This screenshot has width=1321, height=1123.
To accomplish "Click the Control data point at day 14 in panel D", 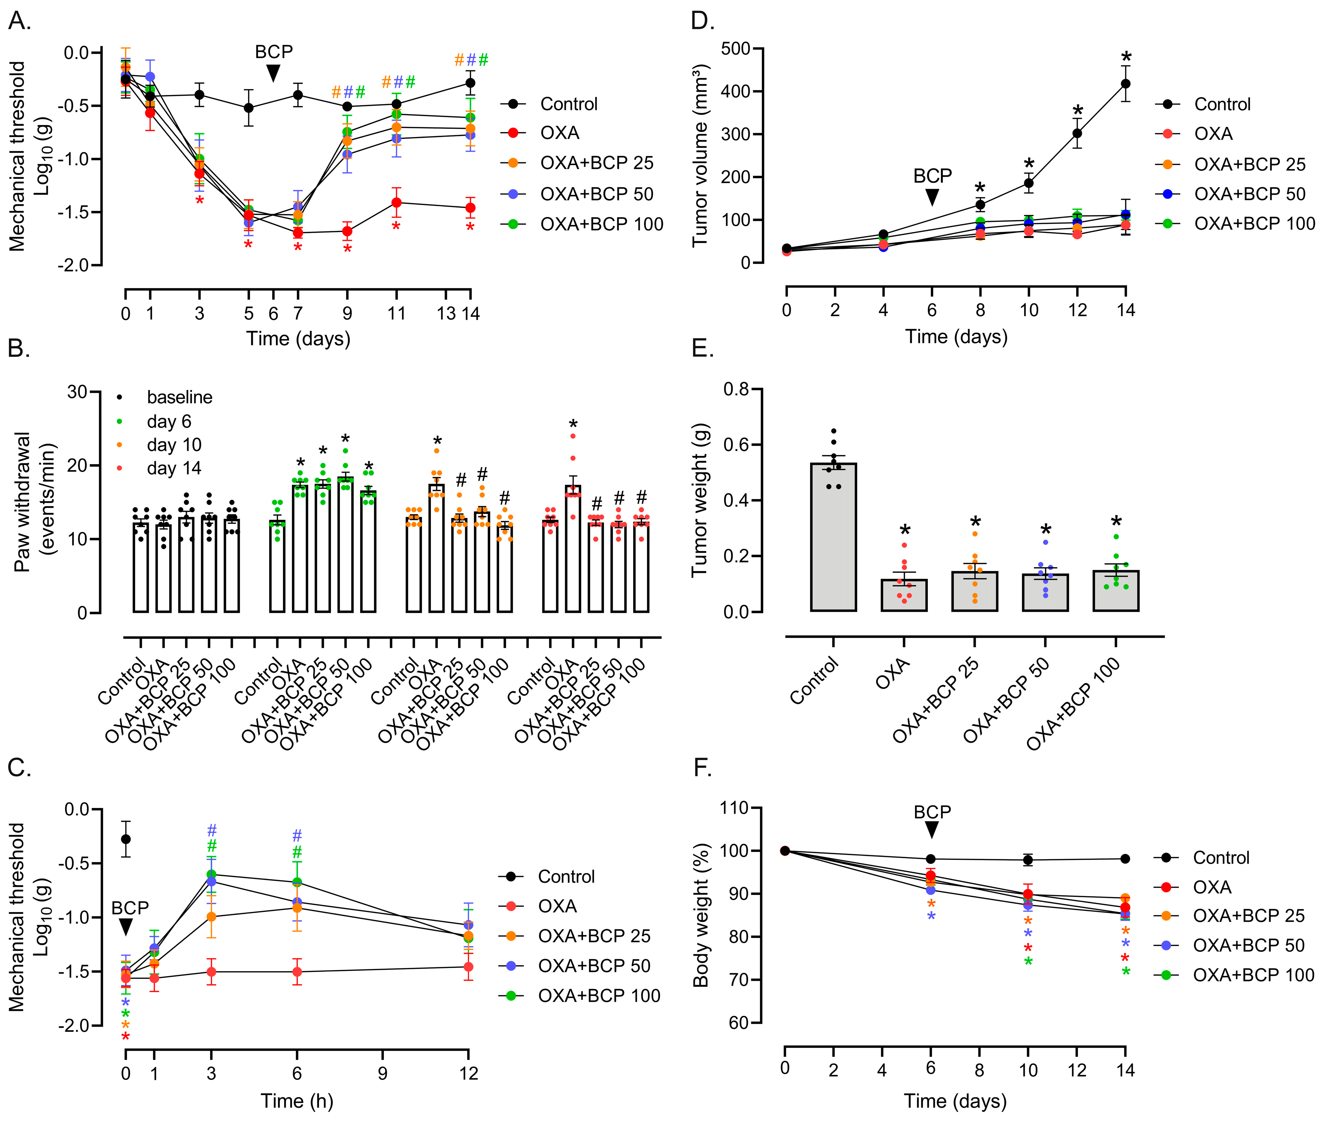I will pos(1125,83).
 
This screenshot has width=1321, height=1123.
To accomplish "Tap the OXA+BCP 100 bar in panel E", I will pos(1116,591).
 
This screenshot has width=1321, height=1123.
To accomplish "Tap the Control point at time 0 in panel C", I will pos(126,839).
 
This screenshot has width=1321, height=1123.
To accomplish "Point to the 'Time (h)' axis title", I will pos(297,1101).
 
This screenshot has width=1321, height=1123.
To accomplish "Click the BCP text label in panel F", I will pos(932,812).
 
